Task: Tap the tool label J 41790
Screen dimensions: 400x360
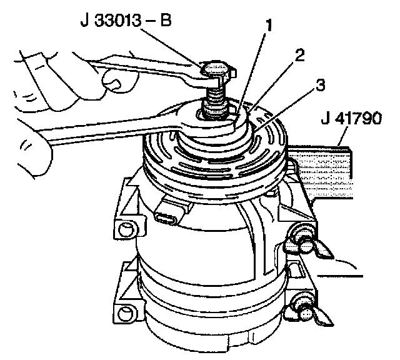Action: coord(351,118)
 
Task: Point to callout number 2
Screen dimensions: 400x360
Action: coord(299,56)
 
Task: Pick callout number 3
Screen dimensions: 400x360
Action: coord(321,85)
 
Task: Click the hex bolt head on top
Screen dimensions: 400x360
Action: coord(217,69)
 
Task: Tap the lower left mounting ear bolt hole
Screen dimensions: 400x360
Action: coord(126,314)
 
